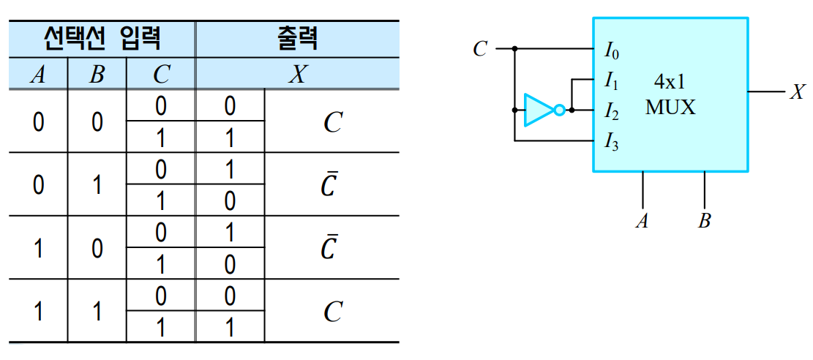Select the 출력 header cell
point(296,39)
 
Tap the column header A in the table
point(38,75)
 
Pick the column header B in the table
point(97,75)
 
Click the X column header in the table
point(296,75)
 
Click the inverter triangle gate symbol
point(539,110)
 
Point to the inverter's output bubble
point(560,110)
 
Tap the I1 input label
point(611,80)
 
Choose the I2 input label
point(611,111)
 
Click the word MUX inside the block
point(670,108)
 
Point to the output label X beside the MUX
point(797,92)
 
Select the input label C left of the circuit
point(480,50)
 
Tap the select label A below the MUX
point(642,221)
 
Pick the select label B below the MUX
point(704,221)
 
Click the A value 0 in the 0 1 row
point(38,184)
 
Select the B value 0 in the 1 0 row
point(97,247)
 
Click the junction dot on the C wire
point(515,49)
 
